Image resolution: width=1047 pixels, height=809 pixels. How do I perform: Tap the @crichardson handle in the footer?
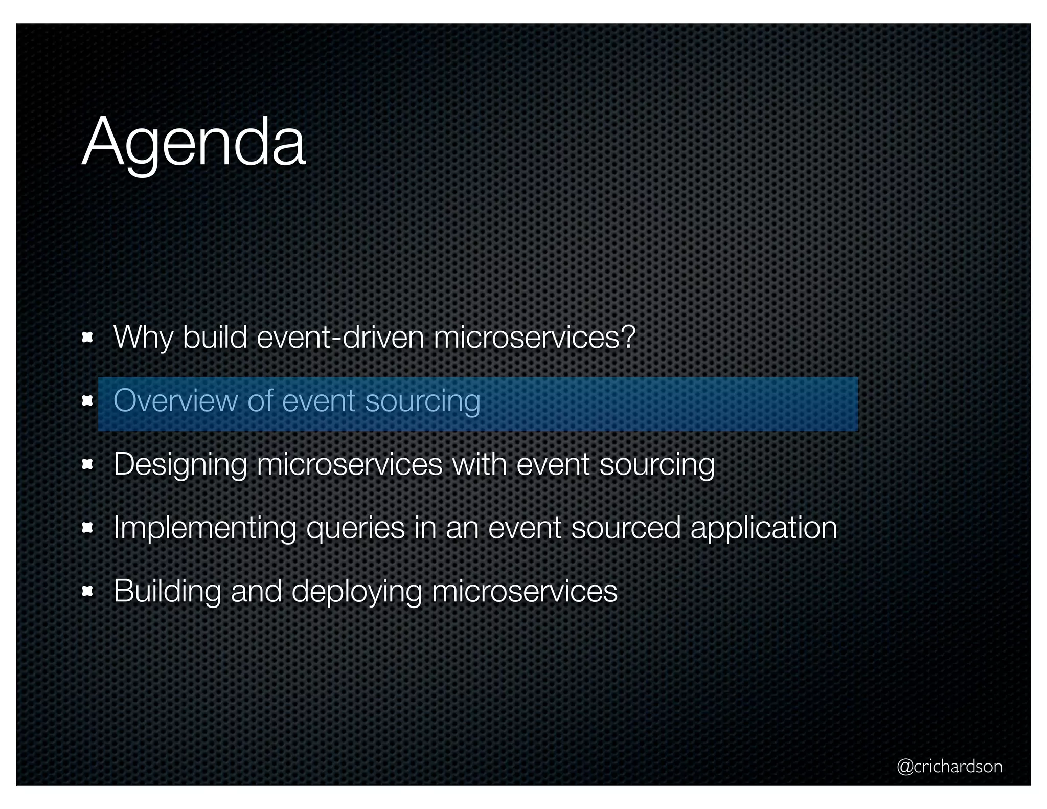tap(949, 766)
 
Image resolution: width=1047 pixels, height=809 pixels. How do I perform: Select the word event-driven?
tap(340, 338)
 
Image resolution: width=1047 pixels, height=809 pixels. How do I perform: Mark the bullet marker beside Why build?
tap(87, 338)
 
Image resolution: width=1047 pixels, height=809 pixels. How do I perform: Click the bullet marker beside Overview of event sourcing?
tap(87, 401)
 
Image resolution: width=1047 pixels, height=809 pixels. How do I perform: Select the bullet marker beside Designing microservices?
tap(87, 464)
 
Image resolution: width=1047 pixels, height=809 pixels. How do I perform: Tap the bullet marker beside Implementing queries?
tap(87, 528)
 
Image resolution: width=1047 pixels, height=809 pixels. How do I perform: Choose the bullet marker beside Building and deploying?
tap(87, 592)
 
